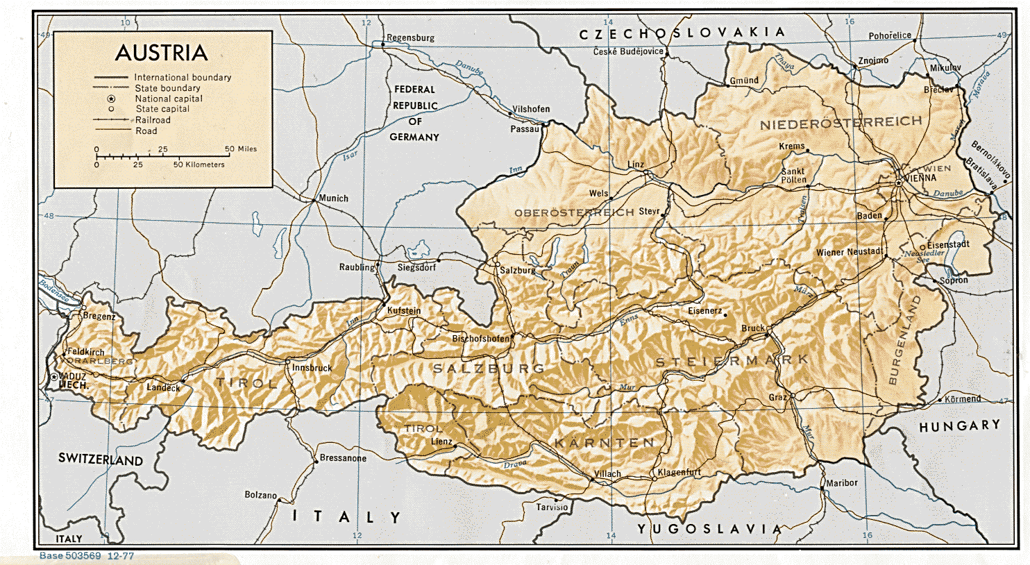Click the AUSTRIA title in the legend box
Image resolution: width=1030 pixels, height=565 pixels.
pyautogui.click(x=162, y=53)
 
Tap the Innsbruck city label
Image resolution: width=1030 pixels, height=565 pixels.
pyautogui.click(x=312, y=368)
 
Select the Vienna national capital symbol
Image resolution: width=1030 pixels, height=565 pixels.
pyautogui.click(x=898, y=182)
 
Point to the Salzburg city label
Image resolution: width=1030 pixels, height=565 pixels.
pyautogui.click(x=518, y=270)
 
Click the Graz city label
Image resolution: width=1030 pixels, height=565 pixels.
pyautogui.click(x=777, y=398)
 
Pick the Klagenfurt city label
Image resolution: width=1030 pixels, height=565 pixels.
pyautogui.click(x=679, y=472)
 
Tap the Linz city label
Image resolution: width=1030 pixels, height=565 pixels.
pyautogui.click(x=636, y=165)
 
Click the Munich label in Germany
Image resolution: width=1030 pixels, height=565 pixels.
pyautogui.click(x=333, y=199)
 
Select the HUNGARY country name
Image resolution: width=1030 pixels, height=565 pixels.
pyautogui.click(x=959, y=425)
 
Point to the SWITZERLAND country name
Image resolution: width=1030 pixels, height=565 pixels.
pyautogui.click(x=101, y=459)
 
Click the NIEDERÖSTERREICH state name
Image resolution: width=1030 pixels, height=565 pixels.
pyautogui.click(x=841, y=124)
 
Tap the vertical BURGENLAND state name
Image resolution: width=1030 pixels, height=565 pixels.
pyautogui.click(x=903, y=341)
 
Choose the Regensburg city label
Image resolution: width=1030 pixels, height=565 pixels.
pyautogui.click(x=410, y=37)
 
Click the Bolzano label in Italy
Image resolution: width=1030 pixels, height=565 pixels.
pyautogui.click(x=260, y=495)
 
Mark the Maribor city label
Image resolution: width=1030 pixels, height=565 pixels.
pyautogui.click(x=842, y=482)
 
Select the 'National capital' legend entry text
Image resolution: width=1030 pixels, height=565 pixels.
pyautogui.click(x=169, y=99)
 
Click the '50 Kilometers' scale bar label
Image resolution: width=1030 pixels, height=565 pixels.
pyautogui.click(x=199, y=165)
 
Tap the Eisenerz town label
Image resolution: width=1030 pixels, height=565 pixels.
pyautogui.click(x=704, y=311)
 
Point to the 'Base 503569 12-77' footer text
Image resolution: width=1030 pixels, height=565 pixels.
pyautogui.click(x=87, y=556)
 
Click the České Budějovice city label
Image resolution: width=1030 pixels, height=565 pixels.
pyautogui.click(x=628, y=51)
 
